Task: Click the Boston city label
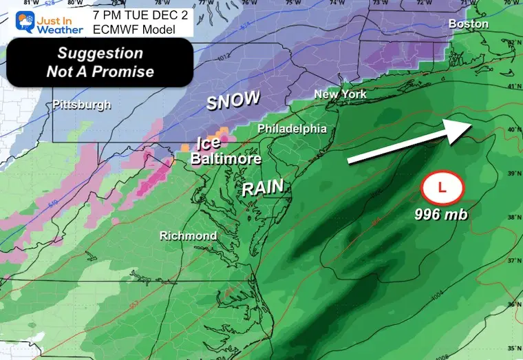coord(468,24)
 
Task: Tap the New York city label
coord(340,94)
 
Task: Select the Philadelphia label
coord(292,129)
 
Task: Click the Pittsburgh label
coord(82,105)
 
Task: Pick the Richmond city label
coord(188,236)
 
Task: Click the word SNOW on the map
coord(233,101)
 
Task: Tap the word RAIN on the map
coord(263,189)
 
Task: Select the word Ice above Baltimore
coord(209,144)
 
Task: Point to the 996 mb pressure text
coord(441,215)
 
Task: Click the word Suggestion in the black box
coord(99,54)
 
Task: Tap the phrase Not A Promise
coord(100,72)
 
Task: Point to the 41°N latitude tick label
coord(512,87)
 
